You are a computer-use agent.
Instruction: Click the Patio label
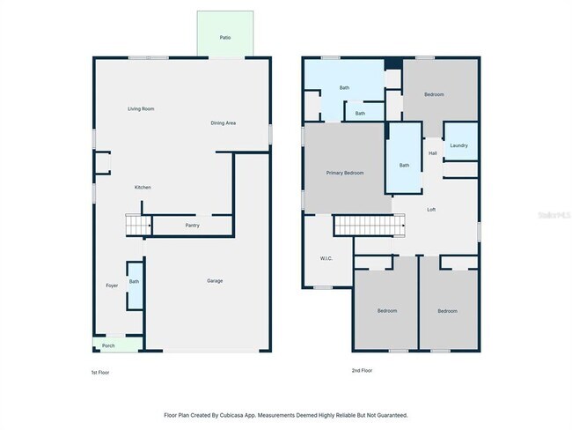[225, 37]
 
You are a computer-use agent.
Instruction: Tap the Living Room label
[141, 108]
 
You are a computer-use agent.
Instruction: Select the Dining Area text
[223, 123]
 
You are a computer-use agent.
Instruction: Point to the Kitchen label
[143, 187]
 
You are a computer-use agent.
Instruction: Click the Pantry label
[192, 226]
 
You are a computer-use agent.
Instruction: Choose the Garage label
[215, 280]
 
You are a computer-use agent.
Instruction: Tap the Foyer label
[112, 285]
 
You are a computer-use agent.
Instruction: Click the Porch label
[108, 345]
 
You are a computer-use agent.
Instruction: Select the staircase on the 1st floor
[138, 225]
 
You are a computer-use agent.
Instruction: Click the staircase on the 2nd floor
[370, 225]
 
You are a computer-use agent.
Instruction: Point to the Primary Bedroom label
[345, 173]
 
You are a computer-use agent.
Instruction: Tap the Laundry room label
[458, 145]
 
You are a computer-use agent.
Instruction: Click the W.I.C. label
[326, 258]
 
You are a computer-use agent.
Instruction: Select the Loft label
[431, 210]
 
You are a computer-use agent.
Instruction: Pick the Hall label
[433, 153]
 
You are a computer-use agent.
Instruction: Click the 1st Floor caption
[100, 372]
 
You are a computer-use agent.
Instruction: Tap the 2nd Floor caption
[362, 370]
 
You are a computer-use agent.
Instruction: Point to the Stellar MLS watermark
[554, 215]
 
